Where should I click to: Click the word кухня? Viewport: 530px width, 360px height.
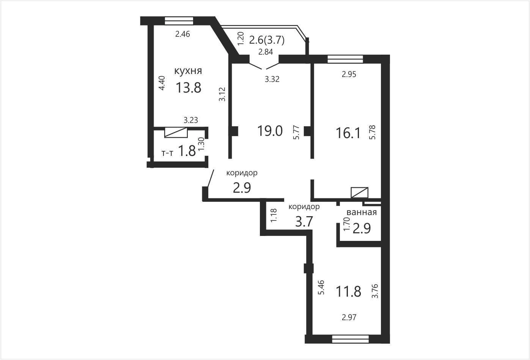tap(188, 71)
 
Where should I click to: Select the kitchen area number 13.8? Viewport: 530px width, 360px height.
tap(189, 88)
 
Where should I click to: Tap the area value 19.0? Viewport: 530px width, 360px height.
tap(270, 131)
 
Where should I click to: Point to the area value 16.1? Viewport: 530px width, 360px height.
tap(348, 133)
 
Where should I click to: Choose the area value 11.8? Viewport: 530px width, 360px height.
tap(348, 291)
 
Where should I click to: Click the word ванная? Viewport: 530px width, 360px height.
tap(362, 212)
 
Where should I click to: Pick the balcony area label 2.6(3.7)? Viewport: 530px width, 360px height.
tap(267, 40)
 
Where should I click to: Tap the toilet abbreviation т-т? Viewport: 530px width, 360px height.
tap(167, 153)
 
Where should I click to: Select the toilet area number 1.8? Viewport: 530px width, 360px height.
tap(187, 151)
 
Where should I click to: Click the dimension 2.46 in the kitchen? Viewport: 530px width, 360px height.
tap(182, 34)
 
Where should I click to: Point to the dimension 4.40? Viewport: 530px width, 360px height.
tap(162, 83)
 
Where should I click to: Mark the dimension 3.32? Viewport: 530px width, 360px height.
tap(272, 79)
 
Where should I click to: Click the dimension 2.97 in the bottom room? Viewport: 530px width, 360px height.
tap(349, 317)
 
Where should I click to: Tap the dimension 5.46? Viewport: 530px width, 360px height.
tap(321, 287)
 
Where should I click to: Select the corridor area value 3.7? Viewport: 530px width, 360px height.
tap(304, 222)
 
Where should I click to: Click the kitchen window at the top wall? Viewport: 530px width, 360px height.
tap(179, 20)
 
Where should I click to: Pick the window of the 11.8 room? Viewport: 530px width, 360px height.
tap(351, 339)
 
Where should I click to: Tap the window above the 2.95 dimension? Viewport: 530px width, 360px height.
tap(345, 59)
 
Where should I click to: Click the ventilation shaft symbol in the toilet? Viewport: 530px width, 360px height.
tap(176, 132)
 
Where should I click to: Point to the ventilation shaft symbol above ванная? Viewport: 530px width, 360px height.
tap(359, 193)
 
